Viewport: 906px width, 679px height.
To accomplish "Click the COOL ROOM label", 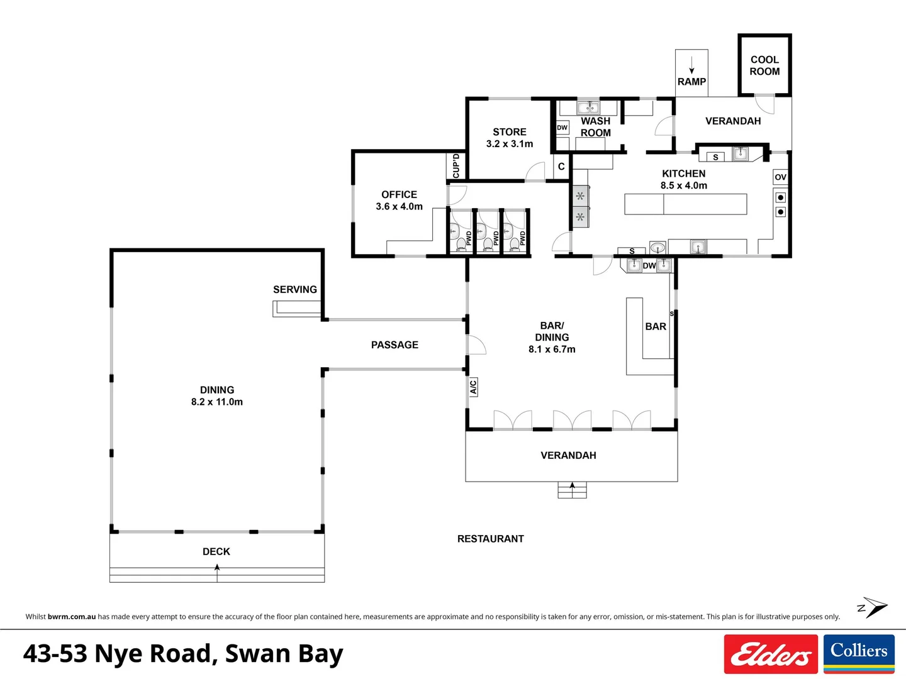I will (x=764, y=65).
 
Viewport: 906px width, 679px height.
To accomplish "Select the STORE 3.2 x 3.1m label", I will (x=510, y=138).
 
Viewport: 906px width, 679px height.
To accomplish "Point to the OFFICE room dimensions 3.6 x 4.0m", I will (x=399, y=206).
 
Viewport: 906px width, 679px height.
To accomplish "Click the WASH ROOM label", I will (x=595, y=126).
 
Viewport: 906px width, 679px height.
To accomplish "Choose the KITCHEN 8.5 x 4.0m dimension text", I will (x=683, y=185).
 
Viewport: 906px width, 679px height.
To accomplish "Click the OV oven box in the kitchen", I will (x=780, y=177).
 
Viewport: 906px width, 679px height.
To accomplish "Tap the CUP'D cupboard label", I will (x=456, y=166).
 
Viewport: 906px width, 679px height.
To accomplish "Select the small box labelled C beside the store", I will (x=561, y=167).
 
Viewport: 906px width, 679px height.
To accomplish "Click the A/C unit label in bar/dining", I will (x=473, y=387).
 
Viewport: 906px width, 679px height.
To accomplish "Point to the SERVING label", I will (x=294, y=289).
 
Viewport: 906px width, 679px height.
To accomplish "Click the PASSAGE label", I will (x=394, y=345).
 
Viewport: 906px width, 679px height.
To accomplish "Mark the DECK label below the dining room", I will (x=216, y=551).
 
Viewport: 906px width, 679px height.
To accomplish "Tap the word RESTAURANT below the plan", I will (x=490, y=539).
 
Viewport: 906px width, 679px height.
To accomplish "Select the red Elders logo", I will (x=771, y=654).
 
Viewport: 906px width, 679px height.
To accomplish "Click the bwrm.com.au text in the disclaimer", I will (x=72, y=617).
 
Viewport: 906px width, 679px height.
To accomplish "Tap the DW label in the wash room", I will (x=562, y=128).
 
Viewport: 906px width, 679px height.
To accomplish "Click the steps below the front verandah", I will (x=572, y=490).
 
